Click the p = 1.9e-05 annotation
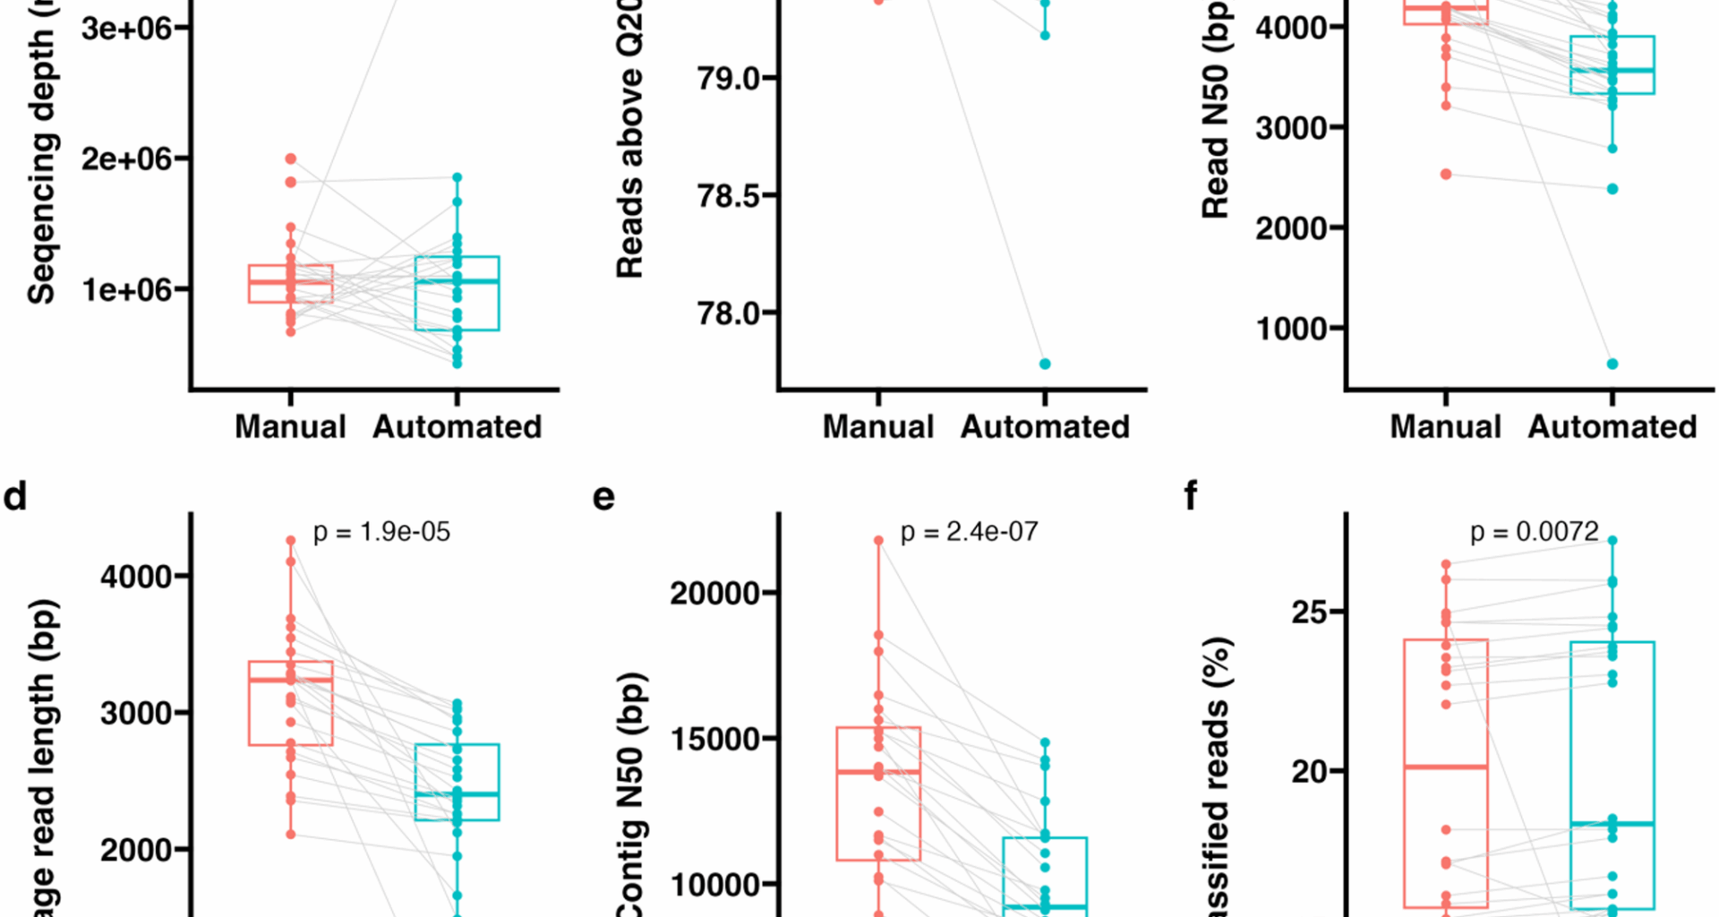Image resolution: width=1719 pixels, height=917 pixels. pos(381,532)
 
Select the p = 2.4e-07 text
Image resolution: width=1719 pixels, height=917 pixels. pos(970,532)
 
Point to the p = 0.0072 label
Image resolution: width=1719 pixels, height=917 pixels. pos(1535,532)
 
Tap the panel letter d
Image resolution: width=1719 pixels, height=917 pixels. pos(15,496)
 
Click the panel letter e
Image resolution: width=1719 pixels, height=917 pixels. pos(604,496)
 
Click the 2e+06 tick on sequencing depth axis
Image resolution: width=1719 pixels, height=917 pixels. pos(126,159)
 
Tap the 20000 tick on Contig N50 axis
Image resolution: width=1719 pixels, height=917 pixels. pos(715,593)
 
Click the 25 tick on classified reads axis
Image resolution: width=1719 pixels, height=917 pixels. pos(1309,613)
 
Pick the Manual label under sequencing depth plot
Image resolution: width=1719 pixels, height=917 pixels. pos(290,426)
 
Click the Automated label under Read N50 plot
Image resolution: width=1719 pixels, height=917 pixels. pos(1612,426)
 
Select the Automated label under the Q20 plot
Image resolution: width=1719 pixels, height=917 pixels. pos(1045,426)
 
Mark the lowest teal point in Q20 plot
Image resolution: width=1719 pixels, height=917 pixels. pos(1045,364)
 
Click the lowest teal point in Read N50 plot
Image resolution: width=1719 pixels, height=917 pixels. pos(1612,364)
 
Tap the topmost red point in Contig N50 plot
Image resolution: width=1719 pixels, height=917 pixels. pos(878,540)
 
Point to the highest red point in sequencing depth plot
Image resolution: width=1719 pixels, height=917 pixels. pos(291,159)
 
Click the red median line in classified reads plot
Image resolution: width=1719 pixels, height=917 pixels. pos(1446,767)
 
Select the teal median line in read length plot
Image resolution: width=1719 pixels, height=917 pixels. pos(457,793)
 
